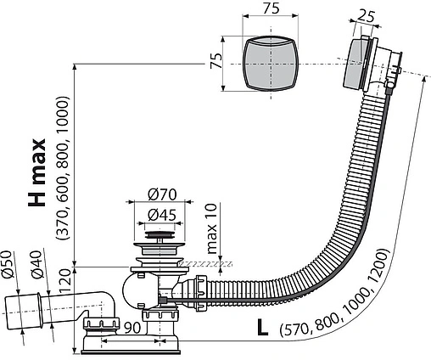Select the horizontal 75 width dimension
tap(271, 9)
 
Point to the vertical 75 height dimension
tap(215, 62)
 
